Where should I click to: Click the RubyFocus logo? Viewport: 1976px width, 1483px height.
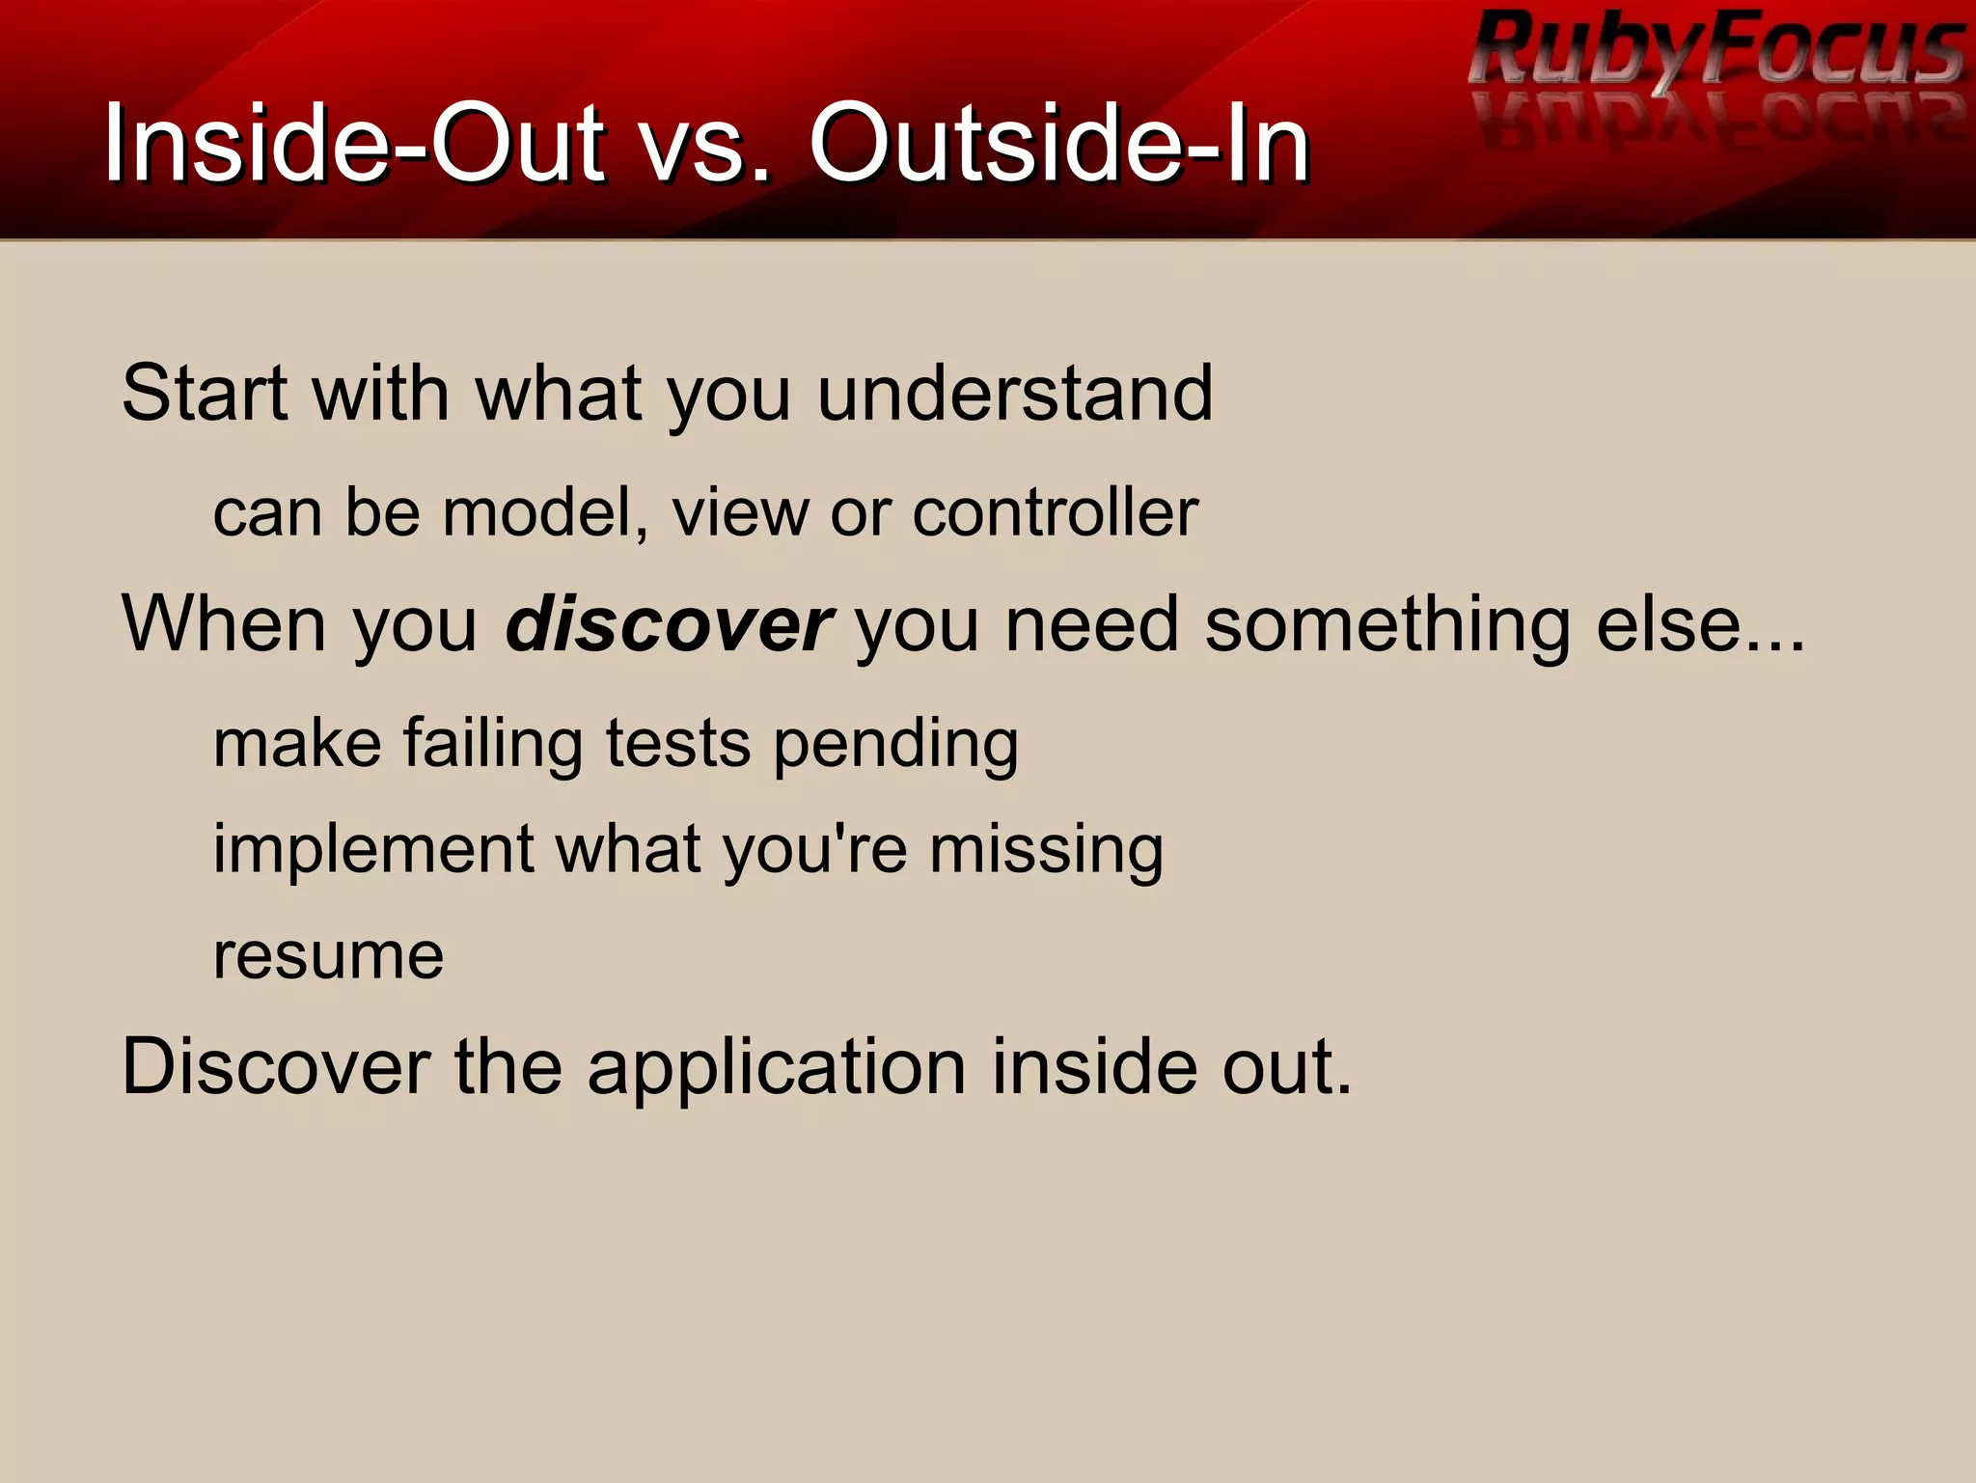[x=1715, y=53]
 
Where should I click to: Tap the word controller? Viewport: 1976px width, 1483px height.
[x=1055, y=512]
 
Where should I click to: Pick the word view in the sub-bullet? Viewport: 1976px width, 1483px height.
[x=740, y=512]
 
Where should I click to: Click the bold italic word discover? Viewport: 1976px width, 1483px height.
[x=669, y=625]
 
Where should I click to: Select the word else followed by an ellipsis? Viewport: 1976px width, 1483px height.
[x=1700, y=625]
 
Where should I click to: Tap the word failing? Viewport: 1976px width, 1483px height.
[x=493, y=744]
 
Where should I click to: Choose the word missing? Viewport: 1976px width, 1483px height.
[x=1046, y=851]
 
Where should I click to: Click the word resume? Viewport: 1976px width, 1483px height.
[x=328, y=957]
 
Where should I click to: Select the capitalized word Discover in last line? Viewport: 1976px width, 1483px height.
[x=276, y=1066]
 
